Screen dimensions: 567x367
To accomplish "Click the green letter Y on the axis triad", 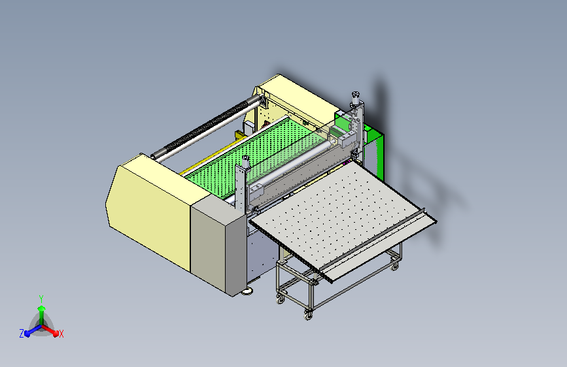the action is point(41,298).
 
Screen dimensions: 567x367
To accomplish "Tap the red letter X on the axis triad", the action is point(61,334).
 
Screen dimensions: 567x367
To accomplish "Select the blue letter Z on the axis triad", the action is point(22,334).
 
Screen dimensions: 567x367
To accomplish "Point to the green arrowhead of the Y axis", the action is point(42,308).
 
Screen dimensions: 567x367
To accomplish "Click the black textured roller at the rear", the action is point(206,127).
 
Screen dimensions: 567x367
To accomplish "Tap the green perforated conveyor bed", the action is point(253,152).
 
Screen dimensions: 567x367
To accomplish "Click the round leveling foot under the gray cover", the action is point(247,291).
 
